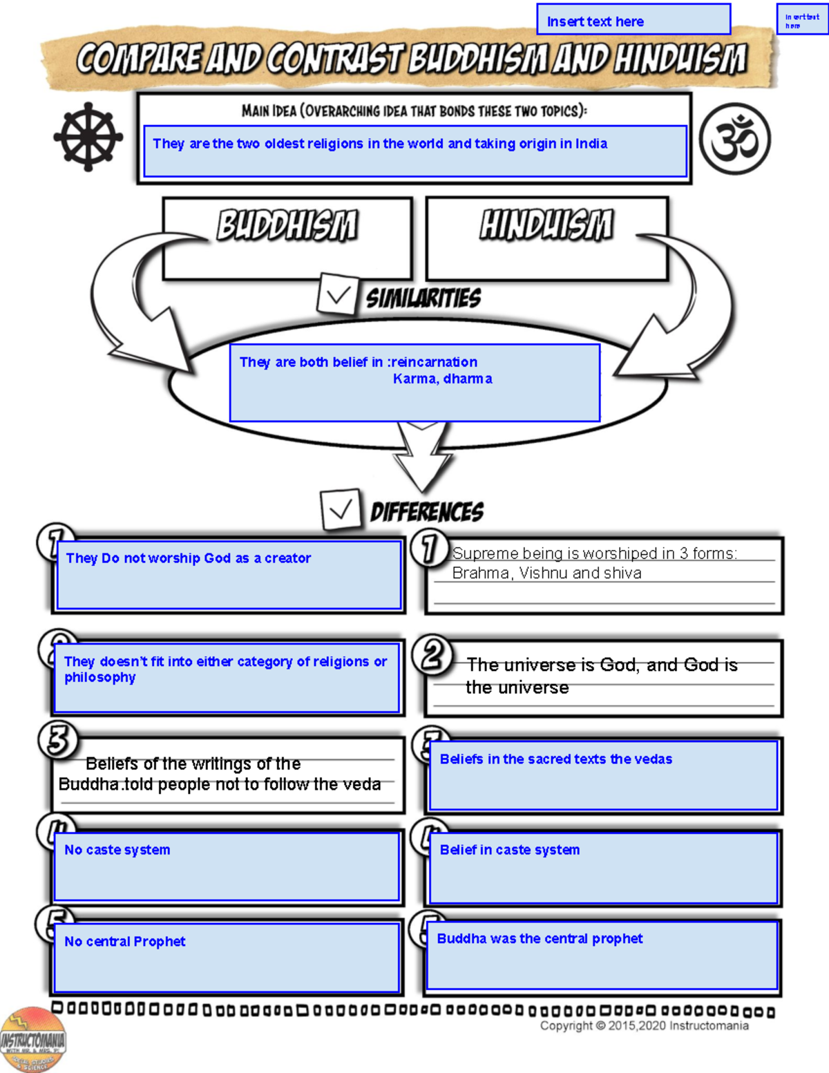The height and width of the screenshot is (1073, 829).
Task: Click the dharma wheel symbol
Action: coord(88,137)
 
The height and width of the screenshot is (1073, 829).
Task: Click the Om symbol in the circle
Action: coord(734,138)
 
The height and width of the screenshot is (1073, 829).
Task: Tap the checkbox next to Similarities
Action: coord(337,296)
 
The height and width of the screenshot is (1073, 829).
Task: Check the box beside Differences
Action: coord(341,510)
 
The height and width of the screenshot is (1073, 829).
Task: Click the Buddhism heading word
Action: coord(287,225)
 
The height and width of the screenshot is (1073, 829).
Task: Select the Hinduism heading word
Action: coord(546,225)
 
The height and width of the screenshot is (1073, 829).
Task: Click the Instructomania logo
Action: coord(32,1039)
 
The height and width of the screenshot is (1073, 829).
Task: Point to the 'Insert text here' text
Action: coord(595,21)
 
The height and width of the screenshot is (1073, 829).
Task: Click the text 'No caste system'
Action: coord(117,850)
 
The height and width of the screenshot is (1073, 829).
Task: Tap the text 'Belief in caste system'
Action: coord(510,850)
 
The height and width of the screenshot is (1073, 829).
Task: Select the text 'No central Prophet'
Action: coord(125,941)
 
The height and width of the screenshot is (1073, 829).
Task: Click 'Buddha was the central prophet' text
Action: coord(540,938)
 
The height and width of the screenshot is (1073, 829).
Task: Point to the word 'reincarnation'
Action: coord(435,362)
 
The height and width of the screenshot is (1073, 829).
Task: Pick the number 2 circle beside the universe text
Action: coord(432,655)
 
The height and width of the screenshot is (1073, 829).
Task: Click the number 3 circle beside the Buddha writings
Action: coord(58,740)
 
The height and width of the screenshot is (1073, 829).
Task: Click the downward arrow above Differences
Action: coord(422,456)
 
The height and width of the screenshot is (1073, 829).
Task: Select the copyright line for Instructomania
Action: coord(644,1025)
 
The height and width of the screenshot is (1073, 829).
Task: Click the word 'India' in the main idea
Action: coord(591,144)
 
